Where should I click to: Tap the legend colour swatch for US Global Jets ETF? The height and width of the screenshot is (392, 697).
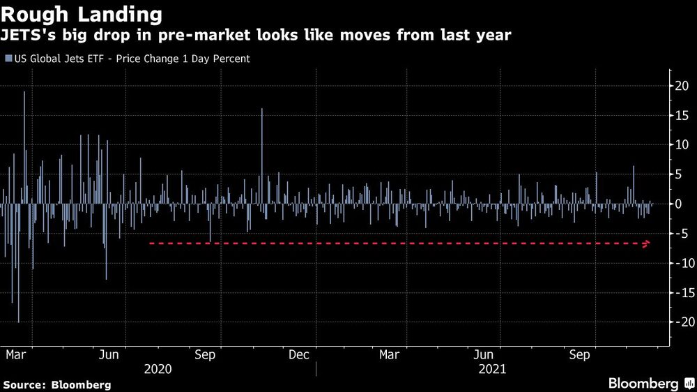click(x=8, y=59)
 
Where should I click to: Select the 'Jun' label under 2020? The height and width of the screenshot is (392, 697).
click(x=110, y=355)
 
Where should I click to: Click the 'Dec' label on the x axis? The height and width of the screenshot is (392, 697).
click(x=298, y=355)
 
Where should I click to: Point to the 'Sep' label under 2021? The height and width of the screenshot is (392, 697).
click(x=579, y=355)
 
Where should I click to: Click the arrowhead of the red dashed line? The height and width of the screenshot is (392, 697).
click(x=648, y=243)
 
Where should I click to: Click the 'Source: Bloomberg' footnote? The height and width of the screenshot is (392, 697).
click(x=57, y=384)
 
